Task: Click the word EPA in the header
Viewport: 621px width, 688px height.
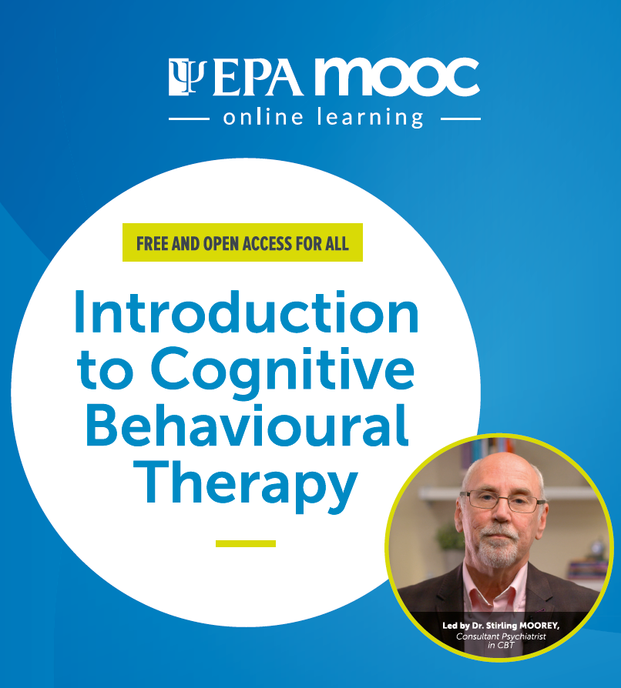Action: (x=258, y=77)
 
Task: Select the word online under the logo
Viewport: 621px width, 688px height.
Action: (x=263, y=117)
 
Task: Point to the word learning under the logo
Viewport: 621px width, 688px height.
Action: (x=371, y=118)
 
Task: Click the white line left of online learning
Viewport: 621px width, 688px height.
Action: (x=189, y=119)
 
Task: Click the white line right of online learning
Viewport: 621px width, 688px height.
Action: (x=460, y=119)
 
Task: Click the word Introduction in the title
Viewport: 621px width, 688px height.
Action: (x=247, y=312)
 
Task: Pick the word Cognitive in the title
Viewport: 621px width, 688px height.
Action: (x=283, y=372)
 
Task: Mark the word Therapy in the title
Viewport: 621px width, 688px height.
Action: (x=246, y=486)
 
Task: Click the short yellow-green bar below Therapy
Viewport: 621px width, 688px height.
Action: (x=246, y=543)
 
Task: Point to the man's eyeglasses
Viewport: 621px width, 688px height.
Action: (x=502, y=502)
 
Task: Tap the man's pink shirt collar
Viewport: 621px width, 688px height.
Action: (x=495, y=586)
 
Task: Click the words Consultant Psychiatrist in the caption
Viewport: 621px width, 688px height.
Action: (x=501, y=636)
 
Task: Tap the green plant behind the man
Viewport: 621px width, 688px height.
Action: (x=451, y=537)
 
